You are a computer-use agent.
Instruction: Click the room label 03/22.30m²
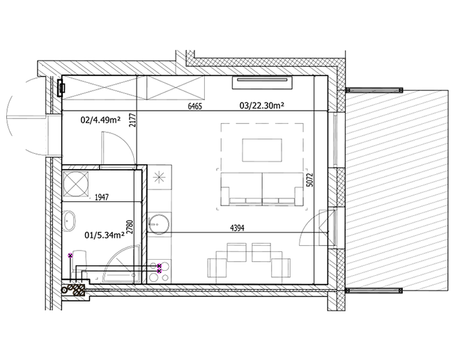click(261, 106)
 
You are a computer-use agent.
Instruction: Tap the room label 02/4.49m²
click(100, 120)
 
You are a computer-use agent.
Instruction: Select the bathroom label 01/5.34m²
click(105, 235)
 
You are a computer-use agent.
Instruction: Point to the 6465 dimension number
click(194, 106)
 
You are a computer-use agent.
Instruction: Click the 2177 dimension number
click(132, 120)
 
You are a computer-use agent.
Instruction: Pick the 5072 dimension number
click(310, 180)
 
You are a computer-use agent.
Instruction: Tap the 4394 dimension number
click(237, 228)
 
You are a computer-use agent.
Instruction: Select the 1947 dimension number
click(102, 198)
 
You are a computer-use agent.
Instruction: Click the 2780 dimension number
click(130, 227)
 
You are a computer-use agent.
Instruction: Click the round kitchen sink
click(158, 224)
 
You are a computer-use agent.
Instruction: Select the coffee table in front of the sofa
click(262, 150)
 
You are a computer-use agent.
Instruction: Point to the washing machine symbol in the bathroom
click(76, 185)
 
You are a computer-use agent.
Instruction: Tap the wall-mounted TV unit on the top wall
click(262, 83)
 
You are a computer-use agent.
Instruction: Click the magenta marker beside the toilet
click(70, 256)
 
